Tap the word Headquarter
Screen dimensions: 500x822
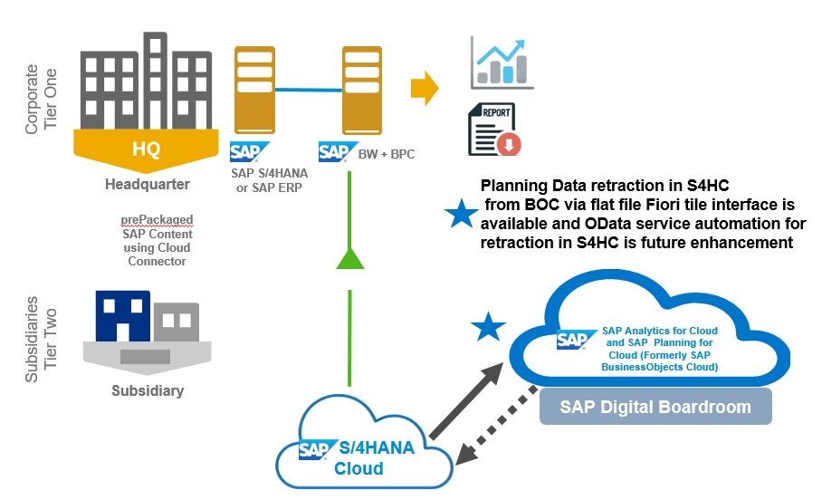click(x=147, y=185)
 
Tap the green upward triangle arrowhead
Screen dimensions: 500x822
click(x=349, y=258)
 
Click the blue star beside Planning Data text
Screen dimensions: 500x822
click(x=462, y=215)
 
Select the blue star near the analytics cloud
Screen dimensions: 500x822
click(x=490, y=327)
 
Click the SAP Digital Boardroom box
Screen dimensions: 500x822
click(x=655, y=407)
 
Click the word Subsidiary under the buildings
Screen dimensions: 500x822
click(x=147, y=391)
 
